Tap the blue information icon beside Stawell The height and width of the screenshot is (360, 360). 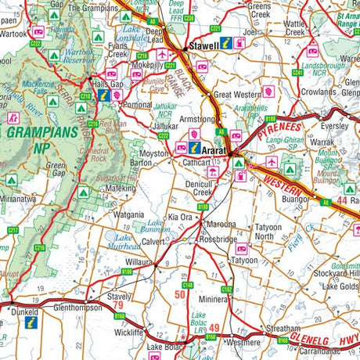pos(225,43)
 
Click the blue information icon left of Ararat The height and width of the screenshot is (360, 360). pos(194,146)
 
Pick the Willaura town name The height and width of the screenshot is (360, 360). pos(139,264)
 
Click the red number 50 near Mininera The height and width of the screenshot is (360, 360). pos(180,295)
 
